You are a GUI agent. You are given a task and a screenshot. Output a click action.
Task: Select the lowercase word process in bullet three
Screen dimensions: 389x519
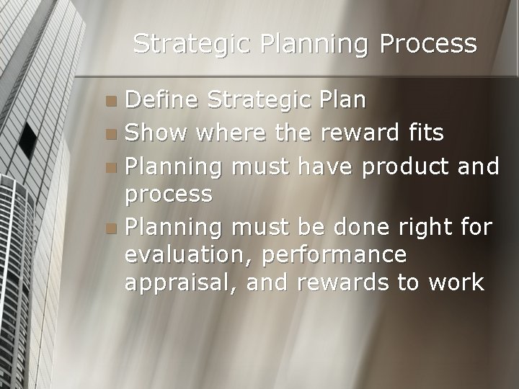pos(169,194)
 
